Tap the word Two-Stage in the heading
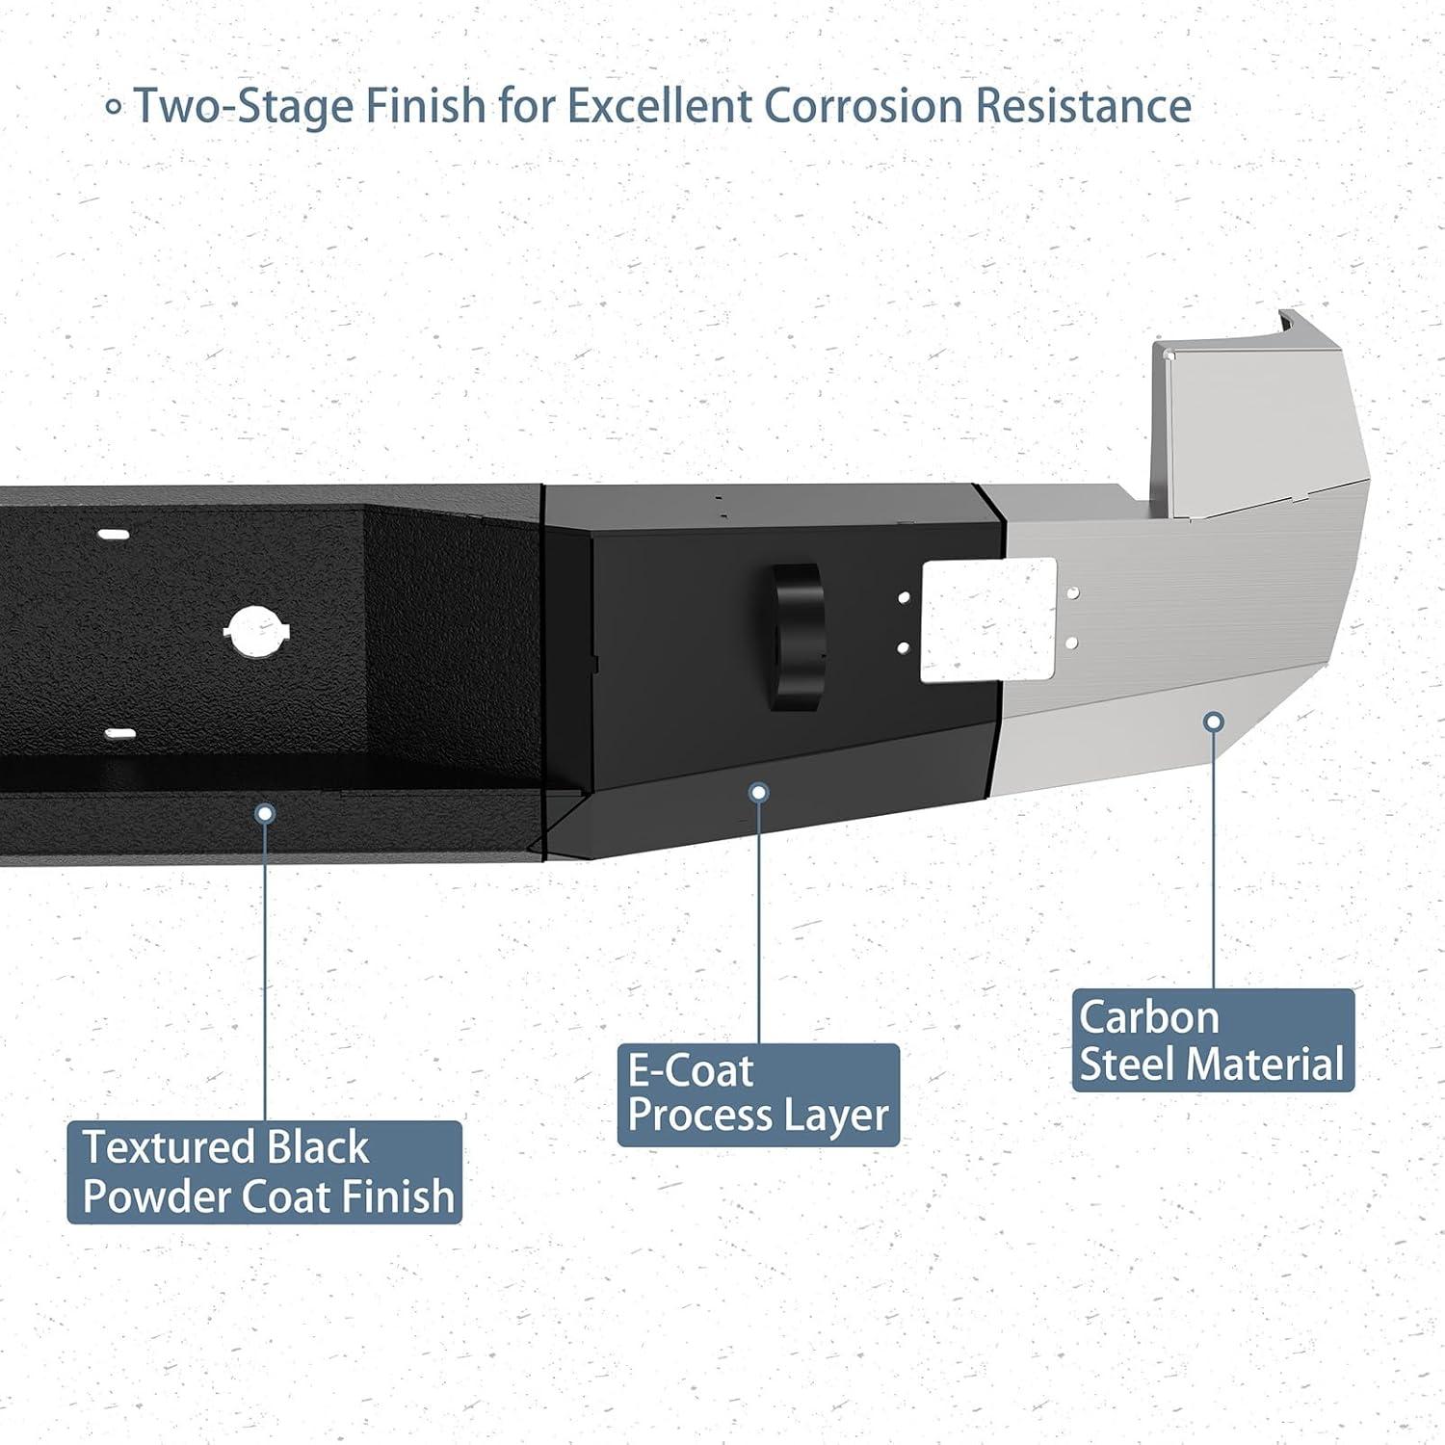pyautogui.click(x=245, y=106)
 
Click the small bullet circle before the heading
pyautogui.click(x=114, y=107)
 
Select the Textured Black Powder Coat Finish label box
pyautogui.click(x=265, y=1171)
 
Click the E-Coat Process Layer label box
pyautogui.click(x=758, y=1094)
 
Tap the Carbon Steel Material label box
pyautogui.click(x=1213, y=1040)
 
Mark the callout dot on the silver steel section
pyautogui.click(x=1215, y=721)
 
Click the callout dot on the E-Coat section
pyautogui.click(x=759, y=792)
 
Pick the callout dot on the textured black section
pyautogui.click(x=265, y=814)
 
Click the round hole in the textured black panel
pyautogui.click(x=257, y=632)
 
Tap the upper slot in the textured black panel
pyautogui.click(x=115, y=535)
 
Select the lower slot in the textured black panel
pyautogui.click(x=119, y=733)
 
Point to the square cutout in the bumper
pyautogui.click(x=989, y=620)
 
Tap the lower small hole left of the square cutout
pyautogui.click(x=904, y=647)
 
